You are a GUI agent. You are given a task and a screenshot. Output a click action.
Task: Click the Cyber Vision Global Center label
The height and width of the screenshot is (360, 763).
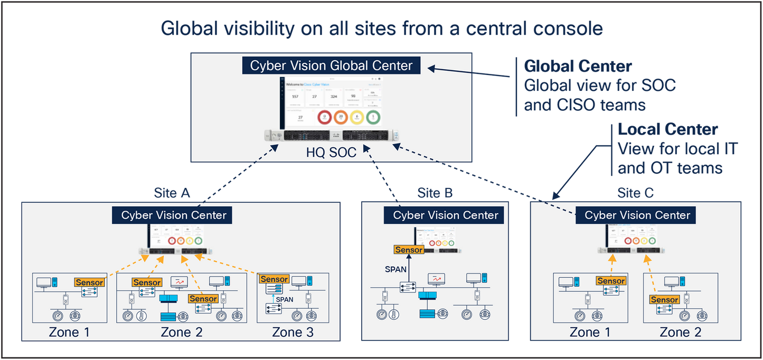coord(331,65)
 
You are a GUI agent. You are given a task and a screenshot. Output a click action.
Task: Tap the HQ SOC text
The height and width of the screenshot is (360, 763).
coord(331,153)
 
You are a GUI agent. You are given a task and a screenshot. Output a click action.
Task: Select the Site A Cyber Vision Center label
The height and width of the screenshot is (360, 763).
coord(174,215)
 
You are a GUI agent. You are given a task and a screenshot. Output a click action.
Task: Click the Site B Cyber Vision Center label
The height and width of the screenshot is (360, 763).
coord(446,215)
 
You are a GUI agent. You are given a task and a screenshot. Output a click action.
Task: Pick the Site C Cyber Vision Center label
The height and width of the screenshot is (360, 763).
coord(637,215)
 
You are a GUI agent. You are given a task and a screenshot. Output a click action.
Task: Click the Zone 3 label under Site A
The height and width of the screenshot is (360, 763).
coord(293,332)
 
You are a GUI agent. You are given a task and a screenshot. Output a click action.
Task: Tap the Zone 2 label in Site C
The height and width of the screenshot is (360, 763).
coord(681,332)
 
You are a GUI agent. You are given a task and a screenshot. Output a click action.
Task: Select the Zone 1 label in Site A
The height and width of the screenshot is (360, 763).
coord(69,332)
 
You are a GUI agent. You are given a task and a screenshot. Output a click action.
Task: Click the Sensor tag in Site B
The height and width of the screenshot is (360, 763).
coord(409,250)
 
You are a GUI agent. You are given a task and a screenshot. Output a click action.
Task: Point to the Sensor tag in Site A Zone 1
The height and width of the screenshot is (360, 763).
coord(89,282)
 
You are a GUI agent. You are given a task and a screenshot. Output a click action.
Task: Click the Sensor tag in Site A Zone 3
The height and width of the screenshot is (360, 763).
coord(274,279)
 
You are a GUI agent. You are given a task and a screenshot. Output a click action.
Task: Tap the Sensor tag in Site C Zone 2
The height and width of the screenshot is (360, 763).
coord(664,300)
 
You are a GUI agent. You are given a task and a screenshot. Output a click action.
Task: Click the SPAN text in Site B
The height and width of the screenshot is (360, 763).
coord(395,269)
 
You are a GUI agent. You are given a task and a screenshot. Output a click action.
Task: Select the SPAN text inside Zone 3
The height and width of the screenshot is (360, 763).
coord(285,299)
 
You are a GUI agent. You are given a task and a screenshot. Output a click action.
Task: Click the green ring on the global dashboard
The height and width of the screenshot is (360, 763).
coord(373,117)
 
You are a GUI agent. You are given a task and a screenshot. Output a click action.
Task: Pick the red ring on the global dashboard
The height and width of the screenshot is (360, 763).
coord(324,117)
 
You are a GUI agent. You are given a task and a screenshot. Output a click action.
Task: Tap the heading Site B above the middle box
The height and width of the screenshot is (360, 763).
coord(435,193)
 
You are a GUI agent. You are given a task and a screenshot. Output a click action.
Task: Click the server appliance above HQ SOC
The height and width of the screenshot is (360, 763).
coord(331,136)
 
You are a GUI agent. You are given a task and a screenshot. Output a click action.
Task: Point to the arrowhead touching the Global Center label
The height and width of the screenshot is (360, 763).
coord(430,69)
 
